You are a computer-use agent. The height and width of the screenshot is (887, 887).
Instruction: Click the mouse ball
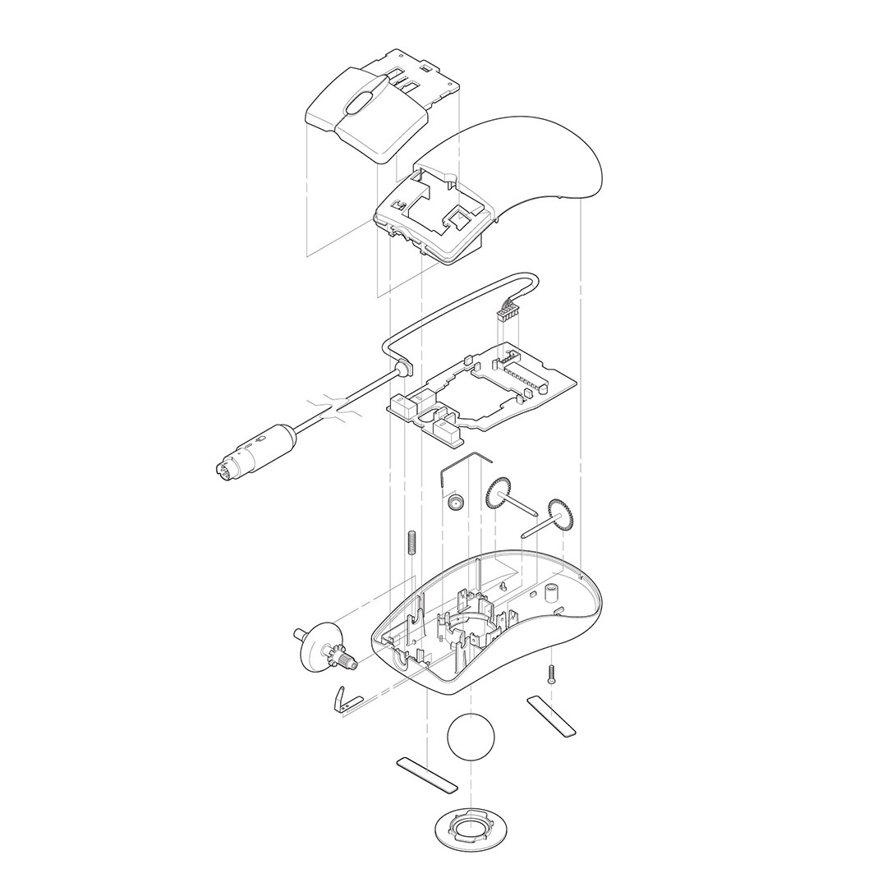(x=471, y=737)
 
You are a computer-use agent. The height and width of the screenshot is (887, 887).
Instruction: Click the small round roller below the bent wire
(x=453, y=501)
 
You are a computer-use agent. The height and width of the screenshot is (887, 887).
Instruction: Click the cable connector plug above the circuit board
(x=508, y=312)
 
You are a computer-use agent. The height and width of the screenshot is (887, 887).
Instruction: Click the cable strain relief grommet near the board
(x=402, y=367)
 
